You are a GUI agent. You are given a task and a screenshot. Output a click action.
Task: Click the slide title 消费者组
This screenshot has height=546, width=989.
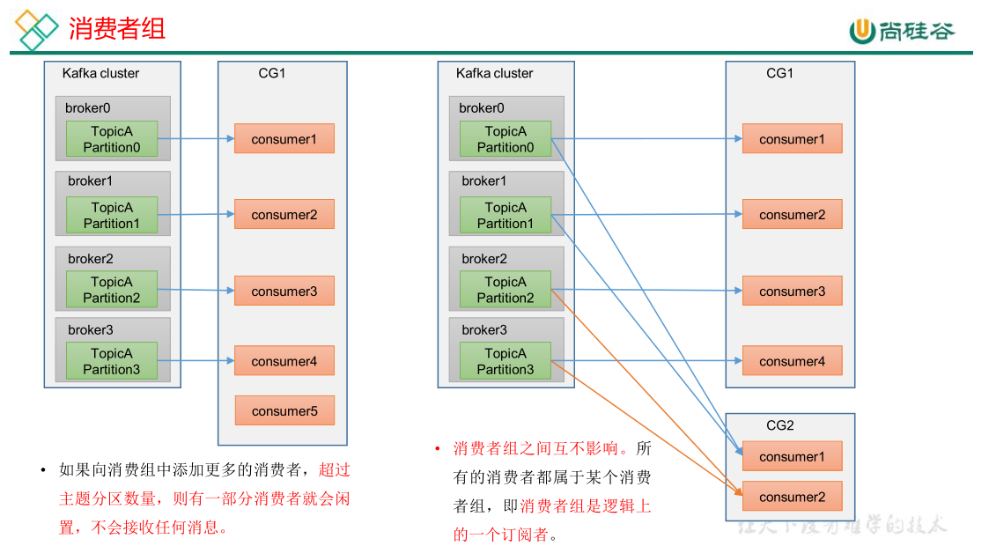click(117, 28)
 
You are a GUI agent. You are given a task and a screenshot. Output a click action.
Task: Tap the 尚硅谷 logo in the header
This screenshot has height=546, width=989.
click(902, 31)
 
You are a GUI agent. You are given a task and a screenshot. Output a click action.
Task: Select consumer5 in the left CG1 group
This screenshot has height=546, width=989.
click(284, 411)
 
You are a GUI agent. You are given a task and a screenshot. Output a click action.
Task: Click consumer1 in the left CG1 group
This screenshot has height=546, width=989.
click(284, 139)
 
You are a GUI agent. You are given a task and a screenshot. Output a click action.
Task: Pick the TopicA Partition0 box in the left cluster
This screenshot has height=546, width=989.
click(112, 139)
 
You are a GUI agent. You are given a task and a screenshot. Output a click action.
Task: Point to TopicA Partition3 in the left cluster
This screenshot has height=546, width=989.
click(112, 361)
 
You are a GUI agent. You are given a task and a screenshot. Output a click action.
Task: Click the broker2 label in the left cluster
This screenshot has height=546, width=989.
click(91, 259)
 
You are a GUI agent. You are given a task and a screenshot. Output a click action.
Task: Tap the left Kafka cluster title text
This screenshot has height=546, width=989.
click(100, 73)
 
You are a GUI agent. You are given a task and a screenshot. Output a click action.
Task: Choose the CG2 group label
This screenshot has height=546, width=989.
click(779, 425)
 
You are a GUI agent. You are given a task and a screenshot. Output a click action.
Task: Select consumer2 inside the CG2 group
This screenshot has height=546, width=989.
click(792, 497)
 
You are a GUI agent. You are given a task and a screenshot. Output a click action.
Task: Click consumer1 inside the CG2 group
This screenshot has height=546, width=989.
click(792, 456)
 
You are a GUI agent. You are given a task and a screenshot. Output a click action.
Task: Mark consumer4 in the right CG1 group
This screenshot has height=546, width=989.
click(792, 361)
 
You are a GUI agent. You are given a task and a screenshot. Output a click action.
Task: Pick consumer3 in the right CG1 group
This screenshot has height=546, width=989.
click(792, 291)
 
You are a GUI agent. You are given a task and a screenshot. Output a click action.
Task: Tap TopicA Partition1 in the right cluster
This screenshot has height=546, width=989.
click(506, 216)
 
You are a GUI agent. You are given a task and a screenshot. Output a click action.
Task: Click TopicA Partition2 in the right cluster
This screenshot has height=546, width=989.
click(506, 290)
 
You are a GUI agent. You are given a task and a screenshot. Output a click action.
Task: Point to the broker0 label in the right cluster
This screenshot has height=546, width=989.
click(482, 108)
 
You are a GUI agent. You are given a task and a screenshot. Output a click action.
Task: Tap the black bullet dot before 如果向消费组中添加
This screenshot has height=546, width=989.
click(42, 470)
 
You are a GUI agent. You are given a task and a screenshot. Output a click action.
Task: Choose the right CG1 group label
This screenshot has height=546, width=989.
click(779, 73)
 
